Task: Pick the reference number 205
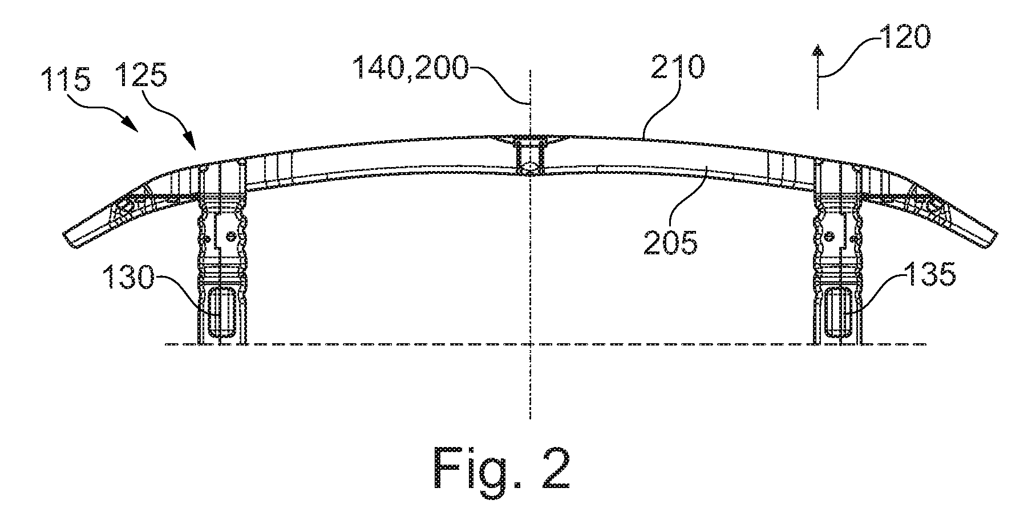[x=670, y=242]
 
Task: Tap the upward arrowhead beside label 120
[x=819, y=52]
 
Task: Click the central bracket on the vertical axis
[x=531, y=155]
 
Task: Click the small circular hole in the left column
[x=230, y=235]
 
